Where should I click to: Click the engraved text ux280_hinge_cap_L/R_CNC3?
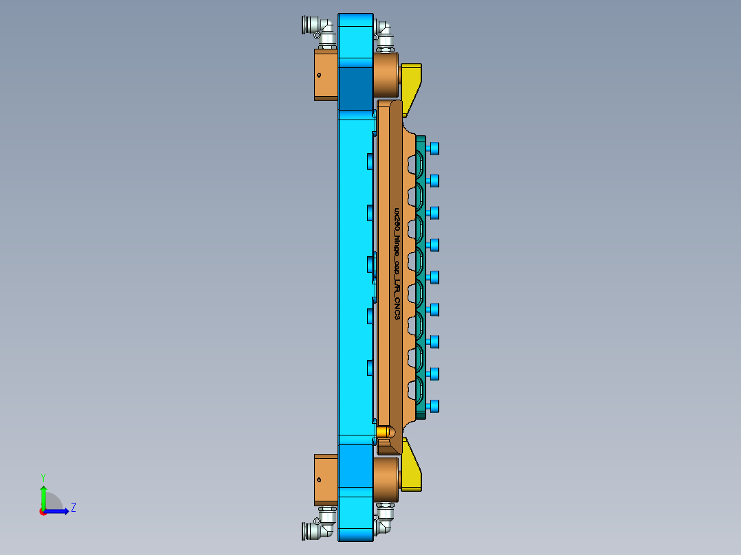click(396, 262)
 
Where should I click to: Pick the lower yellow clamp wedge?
click(411, 470)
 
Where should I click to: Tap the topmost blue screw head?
click(433, 148)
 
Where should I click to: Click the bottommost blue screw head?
click(433, 406)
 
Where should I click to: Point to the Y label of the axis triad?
click(43, 477)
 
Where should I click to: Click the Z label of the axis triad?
click(73, 508)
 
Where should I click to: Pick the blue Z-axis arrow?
click(58, 510)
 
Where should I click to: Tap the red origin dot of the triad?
click(43, 512)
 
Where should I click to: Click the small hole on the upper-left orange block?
click(319, 76)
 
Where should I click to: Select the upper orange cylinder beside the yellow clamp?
click(386, 75)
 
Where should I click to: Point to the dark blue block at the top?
click(355, 88)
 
